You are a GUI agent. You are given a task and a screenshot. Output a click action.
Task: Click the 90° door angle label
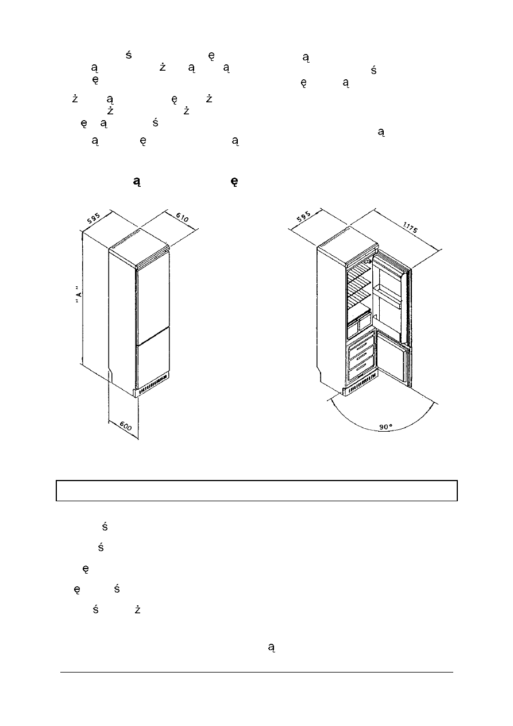tap(386, 427)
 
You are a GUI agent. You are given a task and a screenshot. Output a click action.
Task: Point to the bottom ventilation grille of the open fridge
tap(360, 386)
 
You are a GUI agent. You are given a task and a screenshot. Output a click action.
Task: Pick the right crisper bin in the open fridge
tap(365, 322)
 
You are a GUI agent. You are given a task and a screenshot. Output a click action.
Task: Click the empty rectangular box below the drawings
tap(256, 490)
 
